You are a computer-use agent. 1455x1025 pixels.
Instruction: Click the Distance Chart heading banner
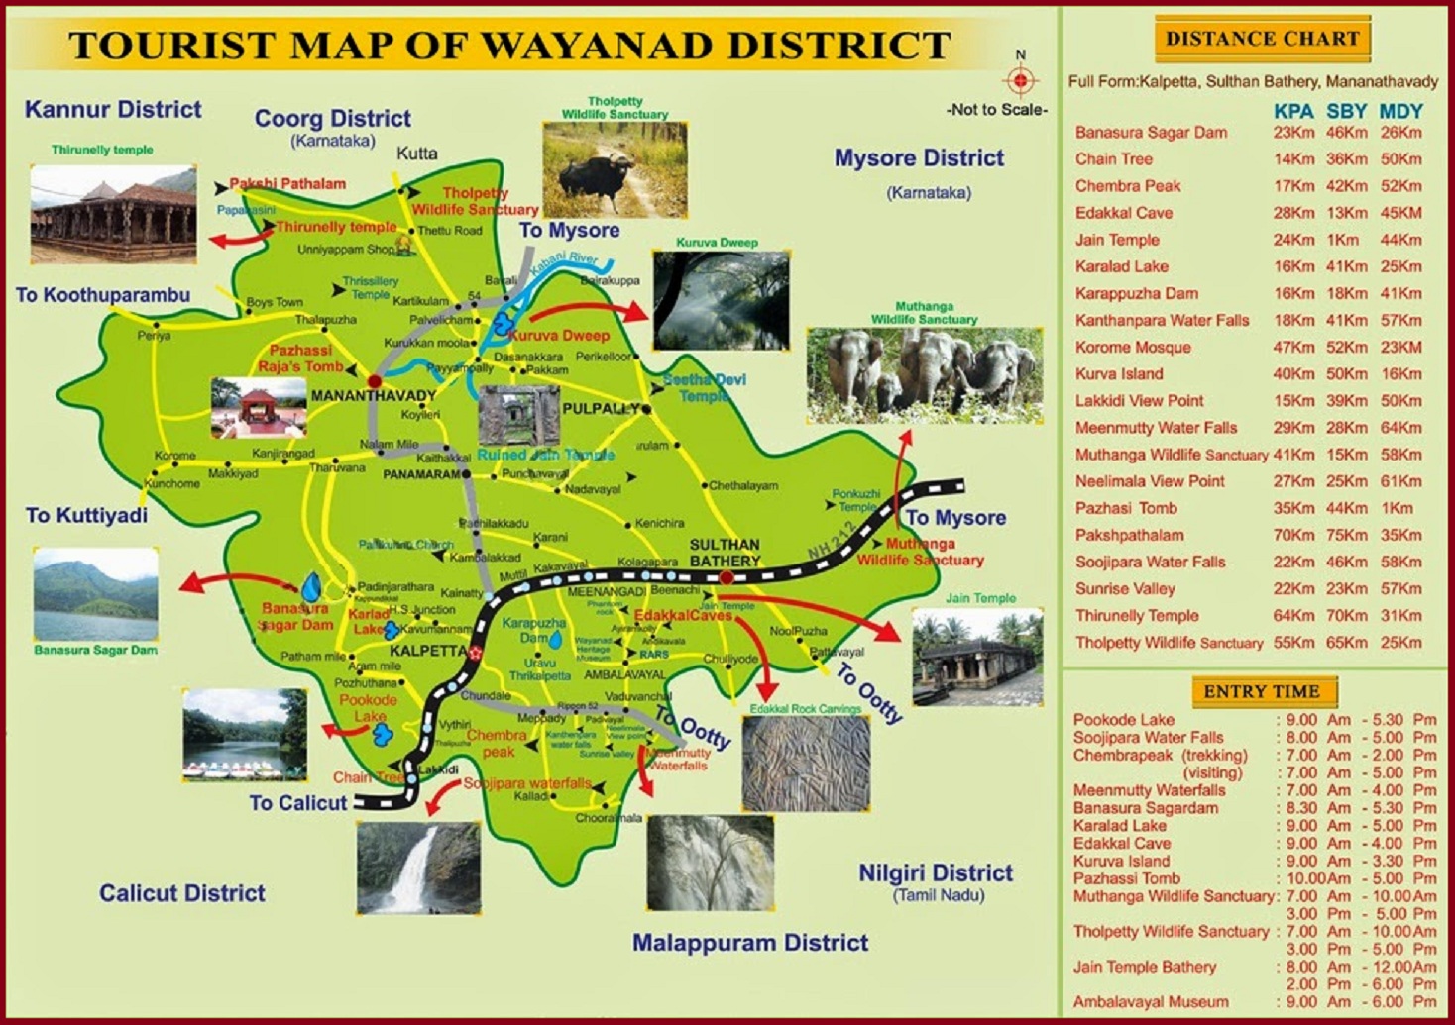(1262, 40)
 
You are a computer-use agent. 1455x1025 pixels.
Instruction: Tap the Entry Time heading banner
(1262, 691)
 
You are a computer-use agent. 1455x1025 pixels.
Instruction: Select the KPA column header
(1293, 111)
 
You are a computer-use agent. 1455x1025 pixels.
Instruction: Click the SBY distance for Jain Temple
(1343, 240)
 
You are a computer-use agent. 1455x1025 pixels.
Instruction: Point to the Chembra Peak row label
(1128, 186)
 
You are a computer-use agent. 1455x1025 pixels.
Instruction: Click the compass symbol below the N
(1020, 80)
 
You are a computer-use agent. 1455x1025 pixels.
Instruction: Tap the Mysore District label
(919, 158)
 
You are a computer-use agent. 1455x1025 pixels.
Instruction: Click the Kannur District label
(113, 110)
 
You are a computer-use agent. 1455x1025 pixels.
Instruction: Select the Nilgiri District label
(936, 873)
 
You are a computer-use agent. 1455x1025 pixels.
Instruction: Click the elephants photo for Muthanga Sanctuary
(924, 375)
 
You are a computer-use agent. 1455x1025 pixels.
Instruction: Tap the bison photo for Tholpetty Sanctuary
(615, 169)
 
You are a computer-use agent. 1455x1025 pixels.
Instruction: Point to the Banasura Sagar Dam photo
(95, 593)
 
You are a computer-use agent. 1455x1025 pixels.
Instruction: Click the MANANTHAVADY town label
(374, 396)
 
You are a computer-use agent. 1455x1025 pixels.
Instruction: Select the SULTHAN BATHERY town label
(725, 553)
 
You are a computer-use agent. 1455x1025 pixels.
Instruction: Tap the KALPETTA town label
(427, 652)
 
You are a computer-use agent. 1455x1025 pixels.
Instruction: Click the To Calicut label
(298, 803)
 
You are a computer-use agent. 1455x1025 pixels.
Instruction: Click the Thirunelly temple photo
(113, 214)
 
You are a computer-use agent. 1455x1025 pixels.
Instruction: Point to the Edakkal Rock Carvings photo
(806, 764)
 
